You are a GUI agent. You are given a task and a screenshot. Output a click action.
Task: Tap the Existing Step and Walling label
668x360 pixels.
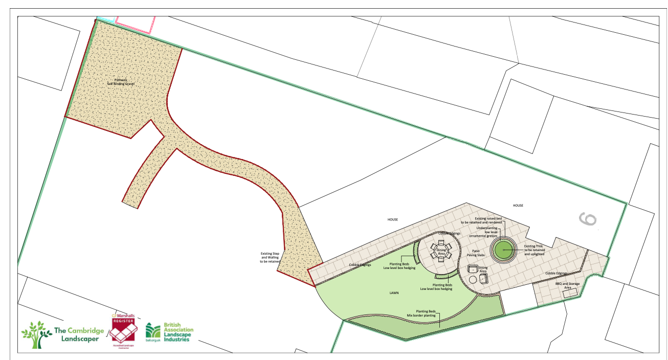pyautogui.click(x=271, y=257)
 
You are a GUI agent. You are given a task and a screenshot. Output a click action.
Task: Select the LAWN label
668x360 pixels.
pyautogui.click(x=393, y=293)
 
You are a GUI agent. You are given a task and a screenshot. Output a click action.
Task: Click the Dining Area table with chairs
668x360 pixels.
pyautogui.click(x=441, y=251)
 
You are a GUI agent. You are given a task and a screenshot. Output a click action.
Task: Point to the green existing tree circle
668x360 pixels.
pyautogui.click(x=502, y=250)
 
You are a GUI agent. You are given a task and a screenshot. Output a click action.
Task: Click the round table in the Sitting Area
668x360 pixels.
pyautogui.click(x=473, y=279)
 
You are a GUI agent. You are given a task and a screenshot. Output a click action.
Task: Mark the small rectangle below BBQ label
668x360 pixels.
pyautogui.click(x=570, y=292)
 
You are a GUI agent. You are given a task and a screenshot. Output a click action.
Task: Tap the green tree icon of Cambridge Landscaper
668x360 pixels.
pyautogui.click(x=36, y=334)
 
